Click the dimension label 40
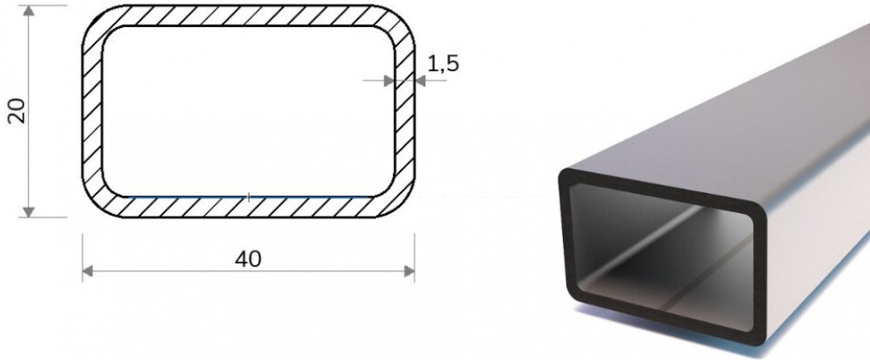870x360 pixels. [247, 259]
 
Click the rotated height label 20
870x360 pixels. [17, 110]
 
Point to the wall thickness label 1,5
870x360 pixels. [444, 63]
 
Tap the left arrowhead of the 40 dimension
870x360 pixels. [88, 271]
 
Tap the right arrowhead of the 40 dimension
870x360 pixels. [410, 271]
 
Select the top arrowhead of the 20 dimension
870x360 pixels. [29, 10]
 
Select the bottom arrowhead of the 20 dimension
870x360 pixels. [29, 212]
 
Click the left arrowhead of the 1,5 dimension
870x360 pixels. [389, 81]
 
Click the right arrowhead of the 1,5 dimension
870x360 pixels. [420, 81]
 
